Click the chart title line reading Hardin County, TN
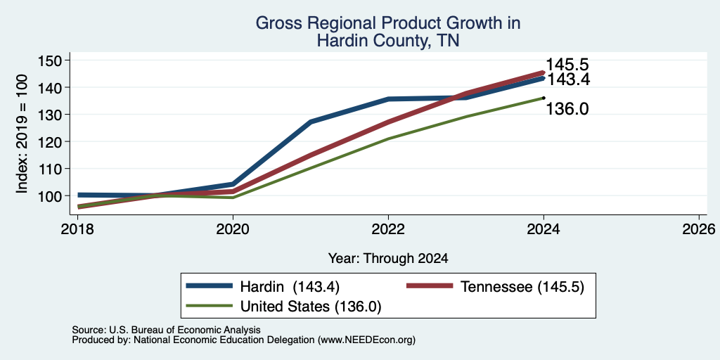click(x=388, y=41)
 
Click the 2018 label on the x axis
click(x=77, y=229)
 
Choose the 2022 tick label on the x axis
click(x=388, y=229)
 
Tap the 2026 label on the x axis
click(x=699, y=229)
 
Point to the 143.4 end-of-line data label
click(x=567, y=79)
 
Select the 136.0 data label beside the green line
click(x=567, y=109)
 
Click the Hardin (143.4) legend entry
click(x=263, y=287)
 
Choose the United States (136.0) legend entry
click(x=284, y=306)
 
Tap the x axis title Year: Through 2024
click(x=388, y=259)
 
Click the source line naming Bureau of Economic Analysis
click(x=166, y=330)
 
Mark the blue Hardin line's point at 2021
click(x=311, y=122)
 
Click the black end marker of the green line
click(x=544, y=97)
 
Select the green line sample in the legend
click(x=210, y=306)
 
